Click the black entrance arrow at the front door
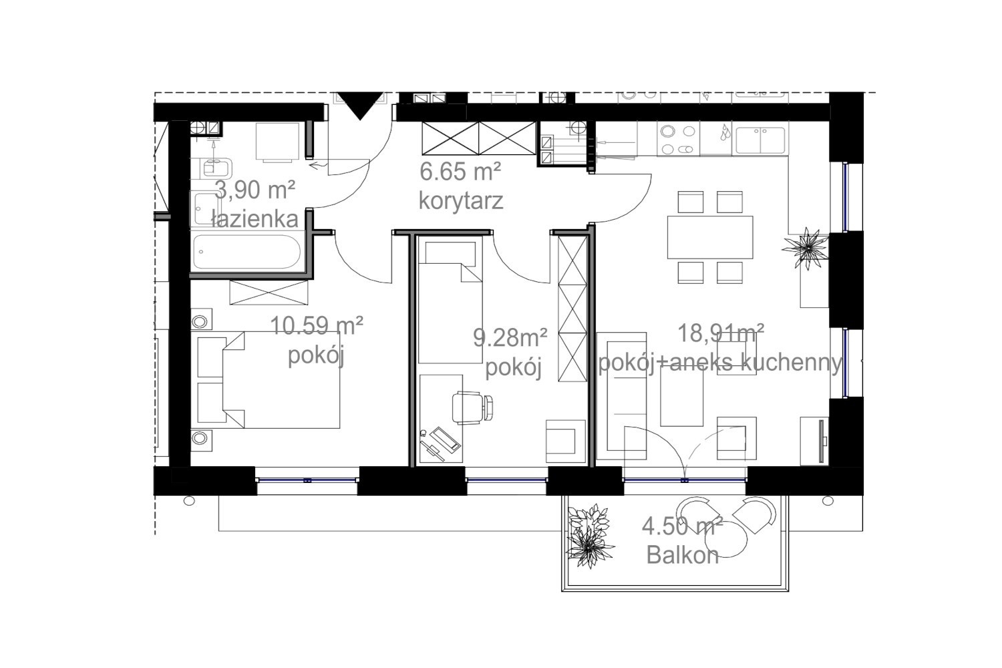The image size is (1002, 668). click(x=360, y=105)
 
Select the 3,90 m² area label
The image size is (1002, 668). click(x=255, y=190)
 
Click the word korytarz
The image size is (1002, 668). click(x=461, y=202)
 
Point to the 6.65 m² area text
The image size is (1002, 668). click(x=460, y=172)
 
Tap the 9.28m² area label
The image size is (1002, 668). click(x=510, y=337)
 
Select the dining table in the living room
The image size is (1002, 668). click(x=710, y=237)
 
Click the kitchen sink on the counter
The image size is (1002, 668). click(x=760, y=140)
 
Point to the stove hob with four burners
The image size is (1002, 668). click(x=679, y=140)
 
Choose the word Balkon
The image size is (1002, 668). click(x=683, y=555)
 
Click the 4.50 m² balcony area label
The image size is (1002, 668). click(x=683, y=526)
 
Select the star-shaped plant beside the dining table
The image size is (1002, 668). click(x=806, y=247)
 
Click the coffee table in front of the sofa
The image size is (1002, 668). click(x=682, y=396)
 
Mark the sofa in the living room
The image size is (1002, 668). click(x=622, y=396)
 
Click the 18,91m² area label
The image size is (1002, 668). click(x=721, y=333)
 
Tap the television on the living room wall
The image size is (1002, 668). click(x=821, y=441)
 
